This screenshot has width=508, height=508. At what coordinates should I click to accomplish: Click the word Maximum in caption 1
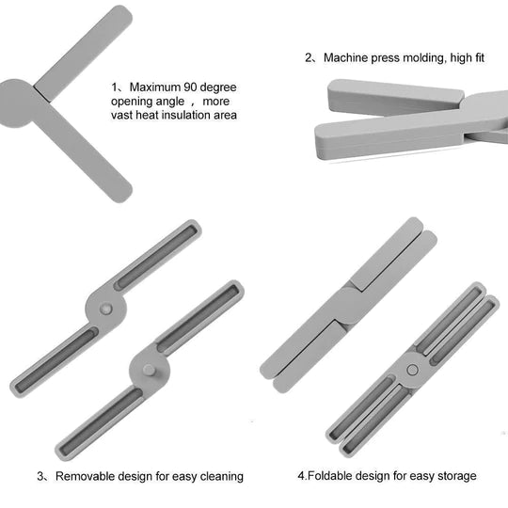pyautogui.click(x=155, y=87)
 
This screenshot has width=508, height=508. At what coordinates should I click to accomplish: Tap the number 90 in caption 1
pyautogui.click(x=190, y=87)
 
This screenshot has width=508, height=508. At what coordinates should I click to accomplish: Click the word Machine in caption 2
pyautogui.click(x=345, y=57)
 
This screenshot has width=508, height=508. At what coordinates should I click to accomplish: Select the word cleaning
pyautogui.click(x=222, y=477)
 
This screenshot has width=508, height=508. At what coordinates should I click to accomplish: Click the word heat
pyautogui.click(x=147, y=115)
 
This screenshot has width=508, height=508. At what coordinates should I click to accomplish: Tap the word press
pyautogui.click(x=385, y=58)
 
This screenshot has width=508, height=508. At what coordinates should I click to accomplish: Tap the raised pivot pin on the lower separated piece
pyautogui.click(x=149, y=370)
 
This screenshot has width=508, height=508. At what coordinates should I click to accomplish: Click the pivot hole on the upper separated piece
pyautogui.click(x=105, y=309)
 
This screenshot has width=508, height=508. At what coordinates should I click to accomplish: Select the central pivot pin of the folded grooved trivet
pyautogui.click(x=412, y=370)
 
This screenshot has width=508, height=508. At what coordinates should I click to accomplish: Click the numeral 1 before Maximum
pyautogui.click(x=114, y=87)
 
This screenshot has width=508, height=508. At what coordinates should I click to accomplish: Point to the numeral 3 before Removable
pyautogui.click(x=40, y=476)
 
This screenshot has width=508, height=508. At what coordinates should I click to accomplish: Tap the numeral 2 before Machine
pyautogui.click(x=309, y=57)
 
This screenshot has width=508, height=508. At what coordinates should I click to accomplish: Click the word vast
pyautogui.click(x=121, y=116)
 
